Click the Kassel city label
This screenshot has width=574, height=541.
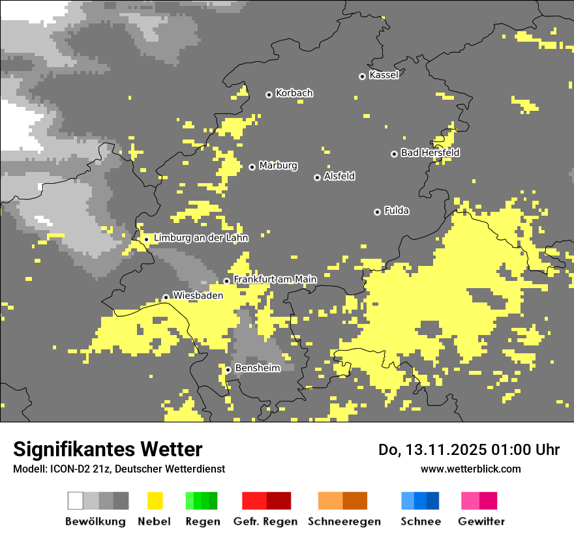pyautogui.click(x=384, y=75)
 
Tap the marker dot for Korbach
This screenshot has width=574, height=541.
pyautogui.click(x=269, y=95)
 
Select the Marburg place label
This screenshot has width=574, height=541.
pyautogui.click(x=278, y=166)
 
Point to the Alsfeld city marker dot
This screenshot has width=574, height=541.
pyautogui.click(x=317, y=177)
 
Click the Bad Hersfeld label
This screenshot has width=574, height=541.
pyautogui.click(x=430, y=153)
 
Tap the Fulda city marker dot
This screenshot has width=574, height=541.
pyautogui.click(x=377, y=212)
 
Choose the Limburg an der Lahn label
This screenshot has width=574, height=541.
pyautogui.click(x=201, y=238)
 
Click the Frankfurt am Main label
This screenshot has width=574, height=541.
pyautogui.click(x=275, y=279)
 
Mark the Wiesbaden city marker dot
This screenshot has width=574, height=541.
pyautogui.click(x=166, y=297)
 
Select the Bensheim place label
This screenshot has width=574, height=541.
pyautogui.click(x=257, y=368)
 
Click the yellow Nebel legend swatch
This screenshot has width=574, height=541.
pyautogui.click(x=155, y=501)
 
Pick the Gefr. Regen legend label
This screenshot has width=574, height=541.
pyautogui.click(x=265, y=521)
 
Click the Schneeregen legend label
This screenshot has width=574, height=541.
pyautogui.click(x=344, y=521)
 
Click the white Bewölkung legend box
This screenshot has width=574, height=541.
pyautogui.click(x=76, y=501)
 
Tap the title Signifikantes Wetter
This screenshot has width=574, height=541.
pyautogui.click(x=108, y=449)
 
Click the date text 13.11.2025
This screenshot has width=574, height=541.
pyautogui.click(x=444, y=450)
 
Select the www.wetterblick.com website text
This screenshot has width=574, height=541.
pyautogui.click(x=470, y=469)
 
